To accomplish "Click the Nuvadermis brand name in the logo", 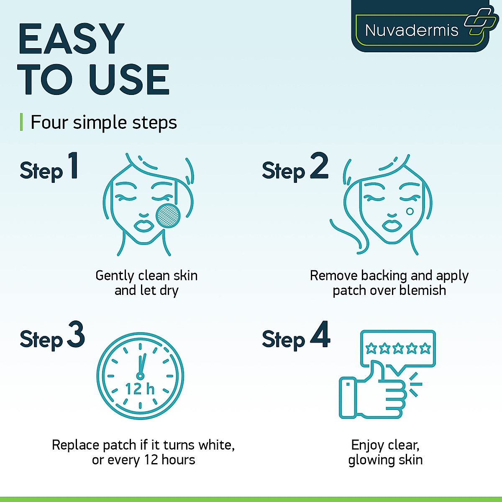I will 412,30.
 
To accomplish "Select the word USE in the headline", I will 129,79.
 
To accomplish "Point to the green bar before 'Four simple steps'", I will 21,122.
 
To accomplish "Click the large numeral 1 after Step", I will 73,166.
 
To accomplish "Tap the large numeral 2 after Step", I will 319,166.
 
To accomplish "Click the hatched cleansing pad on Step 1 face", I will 168,216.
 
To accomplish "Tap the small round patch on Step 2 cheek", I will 410,211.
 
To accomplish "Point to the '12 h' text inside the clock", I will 140,389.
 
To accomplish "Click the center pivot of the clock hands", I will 140,376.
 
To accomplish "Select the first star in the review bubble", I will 371,348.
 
